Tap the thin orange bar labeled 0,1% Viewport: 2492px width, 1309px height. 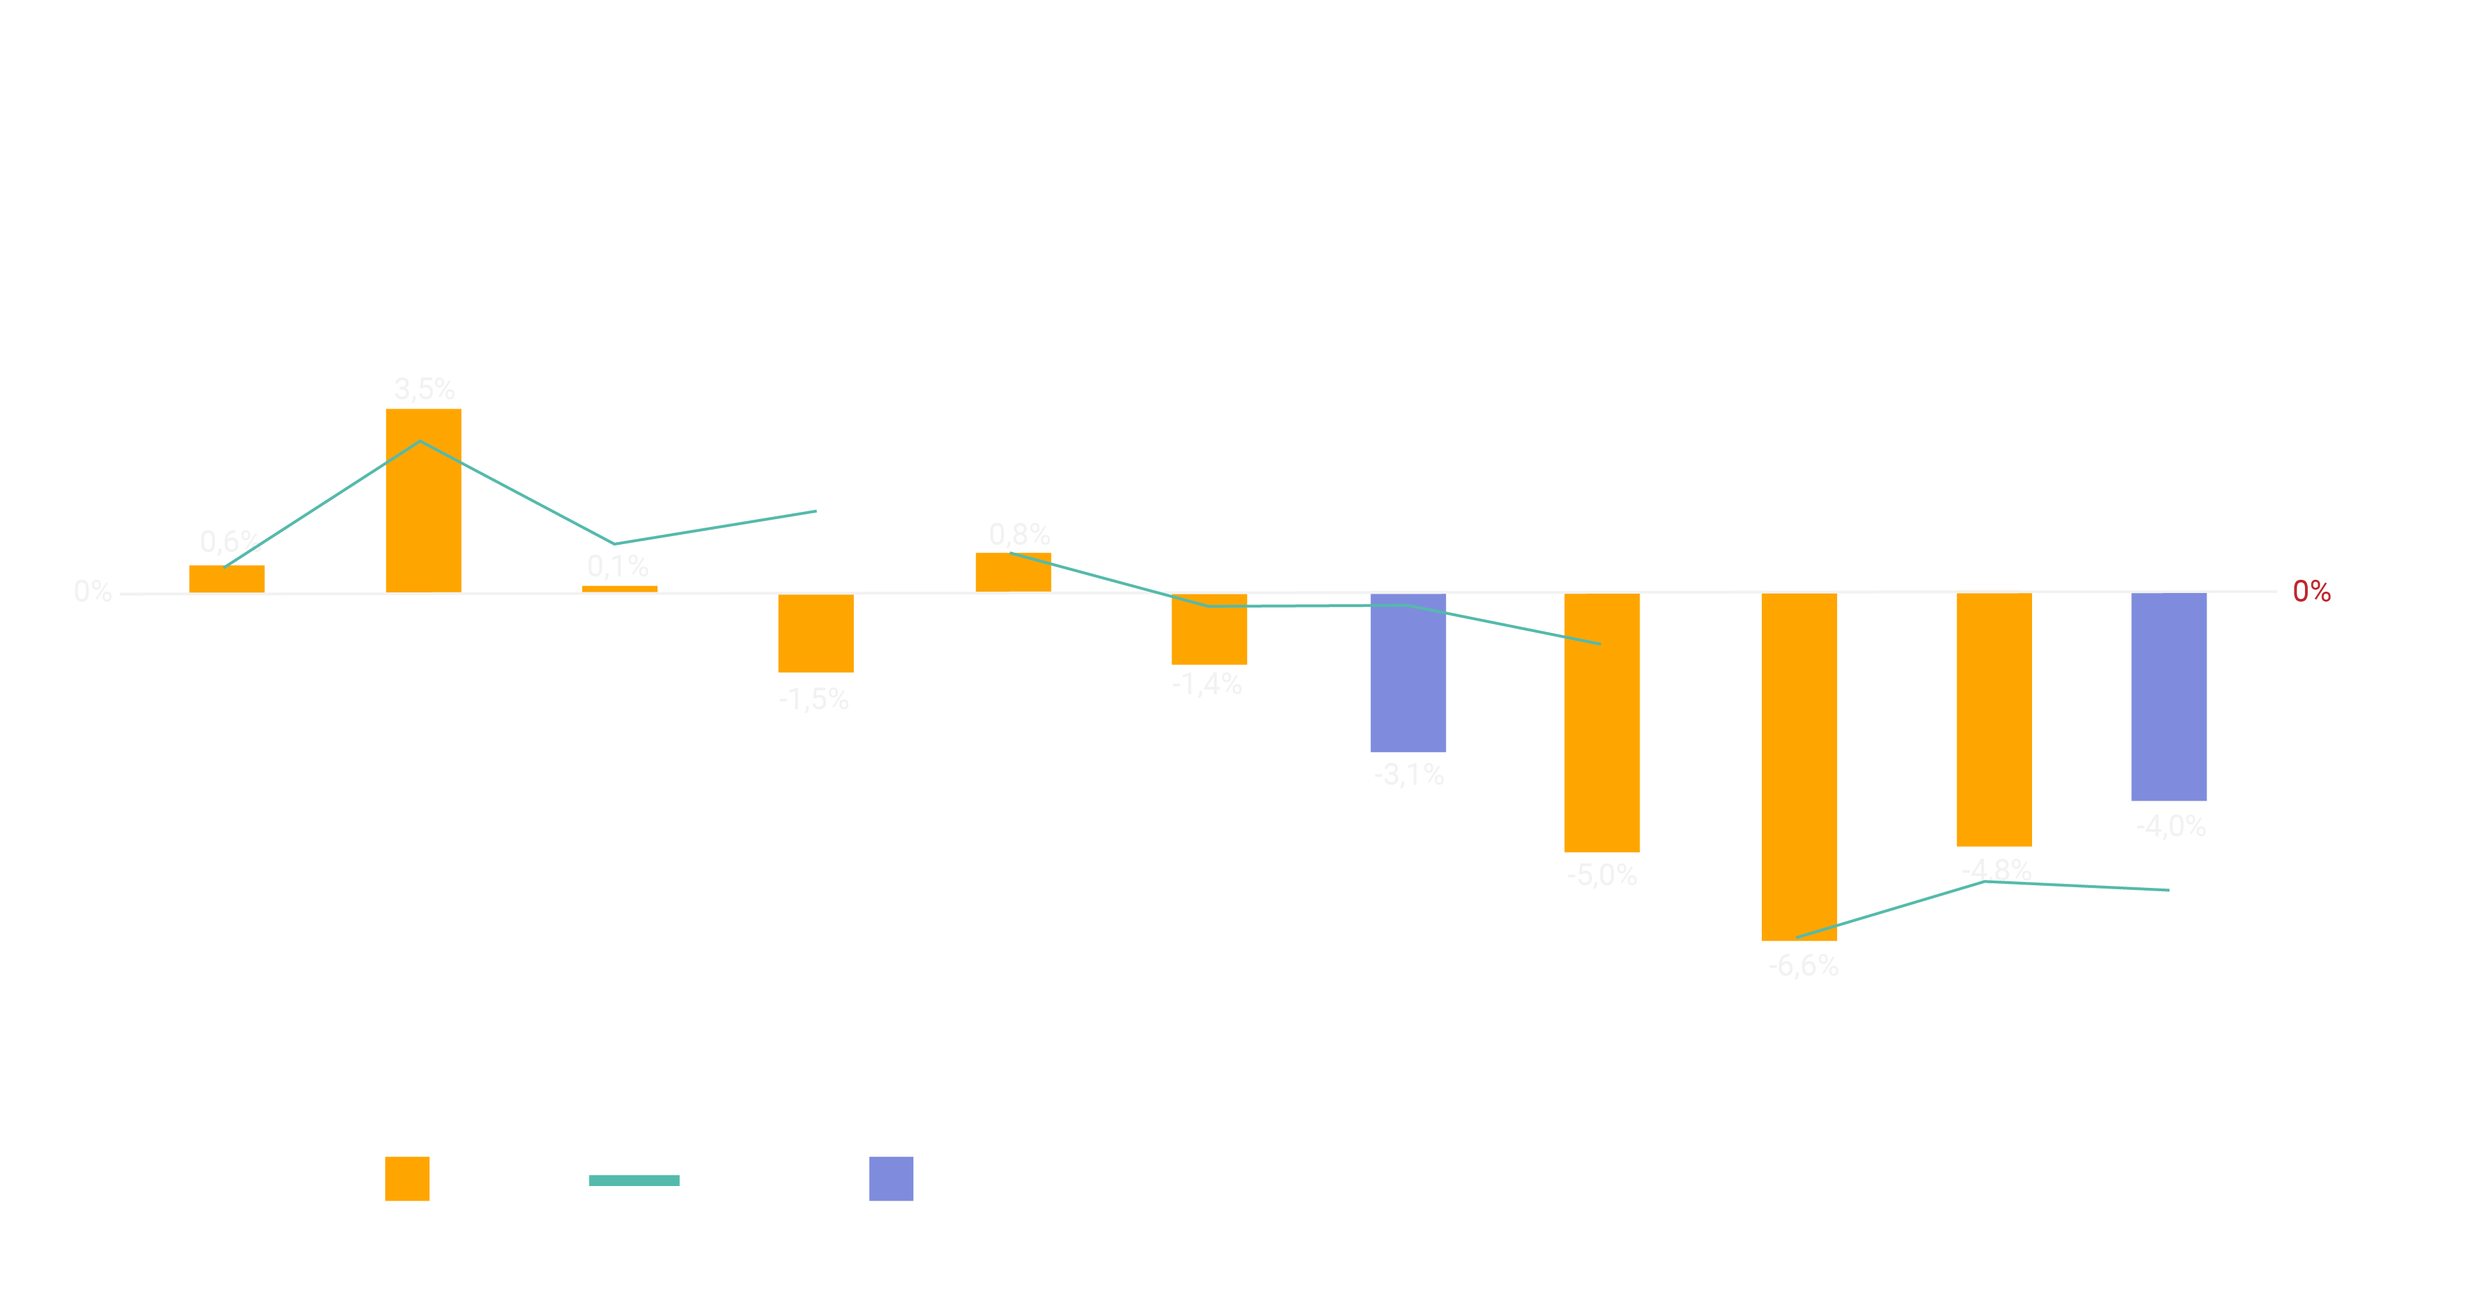[x=619, y=588]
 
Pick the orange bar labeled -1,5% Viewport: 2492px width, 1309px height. [x=815, y=634]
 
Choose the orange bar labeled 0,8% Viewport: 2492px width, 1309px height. [x=1013, y=573]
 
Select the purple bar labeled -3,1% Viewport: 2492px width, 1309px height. [x=1408, y=674]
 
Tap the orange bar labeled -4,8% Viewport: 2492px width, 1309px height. [x=1994, y=720]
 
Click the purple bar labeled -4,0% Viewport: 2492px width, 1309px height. [x=2169, y=697]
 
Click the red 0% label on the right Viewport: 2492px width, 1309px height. [x=2311, y=591]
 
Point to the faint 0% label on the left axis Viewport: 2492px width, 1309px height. [x=93, y=591]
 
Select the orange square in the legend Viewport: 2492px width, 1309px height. [x=407, y=1178]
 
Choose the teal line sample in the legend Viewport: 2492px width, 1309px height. [x=634, y=1179]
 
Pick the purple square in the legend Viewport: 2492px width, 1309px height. [x=891, y=1178]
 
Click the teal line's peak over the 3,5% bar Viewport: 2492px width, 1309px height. [x=420, y=442]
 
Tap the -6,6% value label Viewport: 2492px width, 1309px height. [x=1803, y=965]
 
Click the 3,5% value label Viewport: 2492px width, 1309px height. [x=424, y=389]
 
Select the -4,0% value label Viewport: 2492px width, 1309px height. [x=2171, y=826]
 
